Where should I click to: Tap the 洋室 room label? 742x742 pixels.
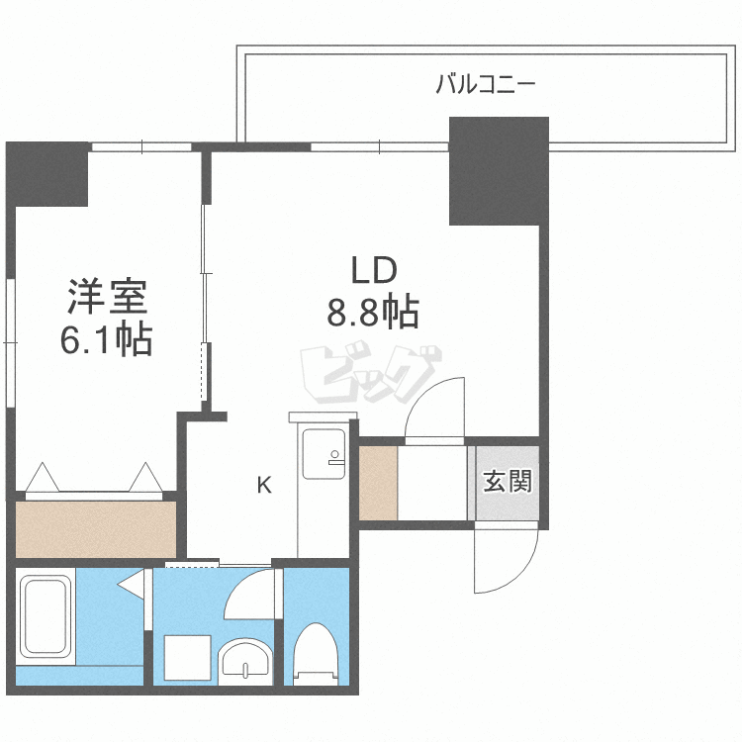point(106,296)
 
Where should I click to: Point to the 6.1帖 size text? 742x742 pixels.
point(106,340)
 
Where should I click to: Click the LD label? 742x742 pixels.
point(373,270)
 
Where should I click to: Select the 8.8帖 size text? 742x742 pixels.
point(373,314)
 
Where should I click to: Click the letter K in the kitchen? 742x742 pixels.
point(264,485)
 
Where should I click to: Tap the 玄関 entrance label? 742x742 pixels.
point(508,482)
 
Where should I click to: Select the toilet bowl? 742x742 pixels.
point(317,652)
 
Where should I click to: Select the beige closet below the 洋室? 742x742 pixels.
point(95,529)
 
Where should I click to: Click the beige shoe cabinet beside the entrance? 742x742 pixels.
point(378,484)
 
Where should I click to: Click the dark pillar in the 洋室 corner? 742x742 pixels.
point(47,174)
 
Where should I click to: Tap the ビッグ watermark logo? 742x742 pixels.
point(369,375)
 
